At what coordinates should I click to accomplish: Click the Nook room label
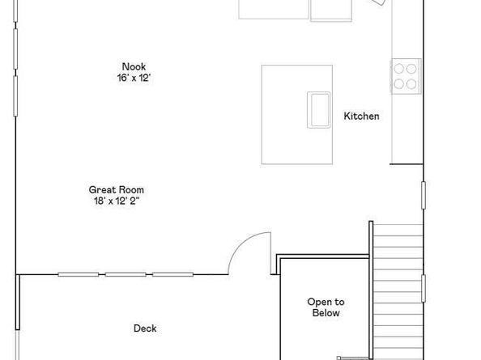134,67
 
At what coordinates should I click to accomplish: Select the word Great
102,189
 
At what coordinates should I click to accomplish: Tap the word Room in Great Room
130,189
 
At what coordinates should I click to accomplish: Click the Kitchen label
361,116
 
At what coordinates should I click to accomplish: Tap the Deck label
145,328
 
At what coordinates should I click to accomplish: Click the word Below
326,313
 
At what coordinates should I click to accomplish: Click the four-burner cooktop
405,75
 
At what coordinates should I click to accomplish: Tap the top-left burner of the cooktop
398,68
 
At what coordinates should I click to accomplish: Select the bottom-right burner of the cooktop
411,83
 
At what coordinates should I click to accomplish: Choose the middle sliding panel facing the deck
126,274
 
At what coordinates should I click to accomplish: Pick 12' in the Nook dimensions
146,78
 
